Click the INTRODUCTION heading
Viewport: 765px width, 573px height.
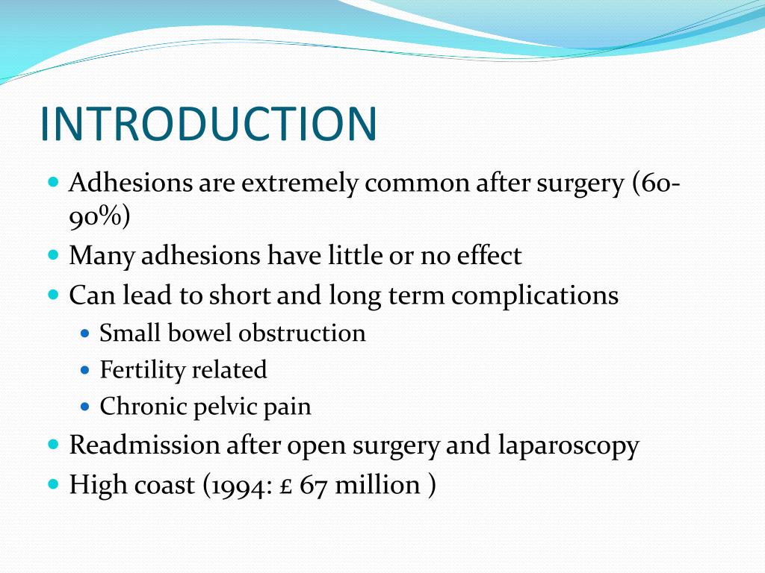click(x=208, y=124)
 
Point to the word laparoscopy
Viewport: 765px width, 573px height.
click(x=569, y=446)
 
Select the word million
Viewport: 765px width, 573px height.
click(x=377, y=485)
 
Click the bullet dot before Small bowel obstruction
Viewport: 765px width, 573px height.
click(x=84, y=333)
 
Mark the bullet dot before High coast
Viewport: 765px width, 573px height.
click(x=53, y=484)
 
